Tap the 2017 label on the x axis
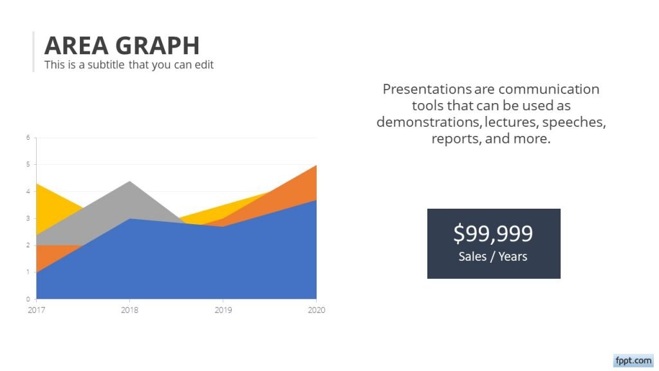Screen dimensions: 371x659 click(x=37, y=310)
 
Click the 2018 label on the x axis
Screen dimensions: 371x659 click(x=130, y=310)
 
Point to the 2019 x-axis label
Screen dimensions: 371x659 click(x=223, y=310)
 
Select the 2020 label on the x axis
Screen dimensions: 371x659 click(x=316, y=310)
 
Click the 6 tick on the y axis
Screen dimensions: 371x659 click(x=28, y=138)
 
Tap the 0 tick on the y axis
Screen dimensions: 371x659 click(x=28, y=299)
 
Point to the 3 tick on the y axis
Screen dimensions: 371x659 click(x=28, y=218)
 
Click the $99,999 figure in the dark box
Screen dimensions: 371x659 click(x=493, y=233)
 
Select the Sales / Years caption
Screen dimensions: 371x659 click(x=493, y=257)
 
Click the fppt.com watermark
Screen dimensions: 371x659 click(x=633, y=361)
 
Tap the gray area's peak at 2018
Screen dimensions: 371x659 click(x=130, y=183)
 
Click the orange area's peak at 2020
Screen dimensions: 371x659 click(x=315, y=167)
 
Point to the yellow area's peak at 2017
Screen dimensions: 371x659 click(x=38, y=187)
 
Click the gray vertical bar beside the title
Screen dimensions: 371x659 click(x=33, y=52)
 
